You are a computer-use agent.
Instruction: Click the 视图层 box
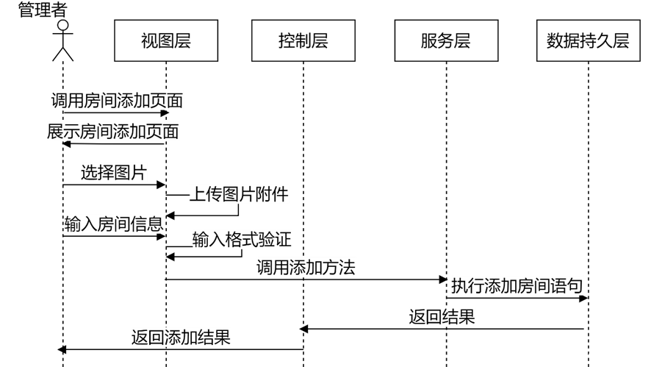166,40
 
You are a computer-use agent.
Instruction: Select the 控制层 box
303,40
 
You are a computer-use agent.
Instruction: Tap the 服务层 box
446,40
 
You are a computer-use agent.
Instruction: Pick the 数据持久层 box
588,40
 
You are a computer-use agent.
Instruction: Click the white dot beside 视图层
63,25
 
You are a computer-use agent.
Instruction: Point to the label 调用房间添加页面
118,101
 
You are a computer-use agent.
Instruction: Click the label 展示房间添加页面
113,132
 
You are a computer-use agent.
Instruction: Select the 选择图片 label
114,172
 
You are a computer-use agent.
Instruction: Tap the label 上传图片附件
240,194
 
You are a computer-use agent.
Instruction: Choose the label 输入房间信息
114,224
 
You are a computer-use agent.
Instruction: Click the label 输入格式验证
242,239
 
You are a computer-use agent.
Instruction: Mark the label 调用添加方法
306,267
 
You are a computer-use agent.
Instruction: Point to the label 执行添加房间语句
517,285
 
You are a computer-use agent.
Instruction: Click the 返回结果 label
442,316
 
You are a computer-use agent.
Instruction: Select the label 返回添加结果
181,337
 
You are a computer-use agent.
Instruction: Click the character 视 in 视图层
149,40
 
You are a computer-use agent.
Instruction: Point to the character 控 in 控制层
287,40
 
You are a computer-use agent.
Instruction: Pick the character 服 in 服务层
429,40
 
